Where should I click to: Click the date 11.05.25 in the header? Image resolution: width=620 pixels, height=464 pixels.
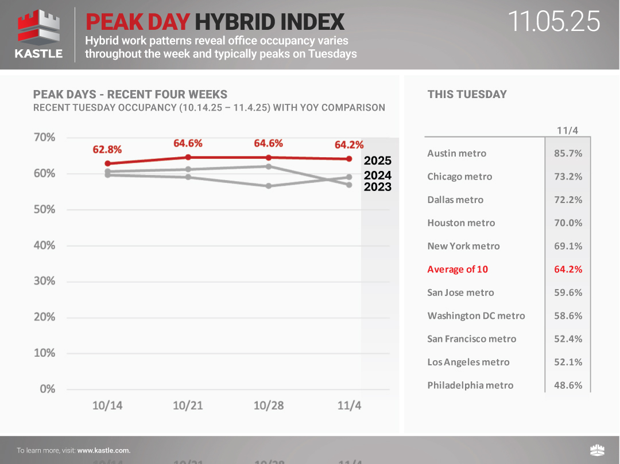pos(554,22)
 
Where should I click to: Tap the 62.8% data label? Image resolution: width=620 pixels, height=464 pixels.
pos(107,150)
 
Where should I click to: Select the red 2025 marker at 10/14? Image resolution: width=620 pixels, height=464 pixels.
pos(107,163)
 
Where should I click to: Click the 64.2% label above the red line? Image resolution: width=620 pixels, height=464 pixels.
pos(349,145)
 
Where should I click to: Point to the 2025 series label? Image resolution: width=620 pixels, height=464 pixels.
pos(377,161)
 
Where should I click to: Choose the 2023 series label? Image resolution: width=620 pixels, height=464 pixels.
pos(377,187)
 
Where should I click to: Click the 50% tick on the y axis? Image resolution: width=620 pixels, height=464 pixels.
pos(44,209)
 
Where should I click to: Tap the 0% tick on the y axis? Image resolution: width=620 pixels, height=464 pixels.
pos(47,389)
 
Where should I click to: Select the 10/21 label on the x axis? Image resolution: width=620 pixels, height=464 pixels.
pos(188,405)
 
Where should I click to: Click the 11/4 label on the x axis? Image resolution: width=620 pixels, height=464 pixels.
pos(349,405)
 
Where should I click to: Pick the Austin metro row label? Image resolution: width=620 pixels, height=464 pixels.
pos(456,153)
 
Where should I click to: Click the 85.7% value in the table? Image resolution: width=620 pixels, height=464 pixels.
pos(568,153)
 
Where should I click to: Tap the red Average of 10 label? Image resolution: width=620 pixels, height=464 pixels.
pos(458,269)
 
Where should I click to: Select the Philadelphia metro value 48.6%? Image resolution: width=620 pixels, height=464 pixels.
pos(568,385)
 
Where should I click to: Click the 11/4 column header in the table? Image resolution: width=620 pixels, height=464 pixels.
pos(567,130)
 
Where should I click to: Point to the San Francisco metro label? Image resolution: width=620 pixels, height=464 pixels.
pos(471,338)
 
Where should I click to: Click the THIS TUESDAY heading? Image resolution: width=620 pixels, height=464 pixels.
pos(467,95)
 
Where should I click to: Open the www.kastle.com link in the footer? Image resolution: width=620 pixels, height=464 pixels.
pos(103,451)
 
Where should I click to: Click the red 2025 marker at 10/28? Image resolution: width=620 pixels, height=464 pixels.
pos(269,157)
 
